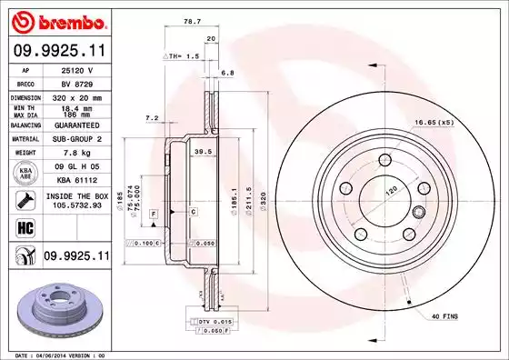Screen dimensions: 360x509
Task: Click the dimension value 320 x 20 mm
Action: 75,95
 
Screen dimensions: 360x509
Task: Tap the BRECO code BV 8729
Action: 75,82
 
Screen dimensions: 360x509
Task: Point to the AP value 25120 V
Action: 75,69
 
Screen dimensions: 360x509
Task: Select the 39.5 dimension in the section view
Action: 205,152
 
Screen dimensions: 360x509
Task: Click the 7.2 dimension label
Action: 152,117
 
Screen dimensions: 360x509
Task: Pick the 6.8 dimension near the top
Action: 228,73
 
